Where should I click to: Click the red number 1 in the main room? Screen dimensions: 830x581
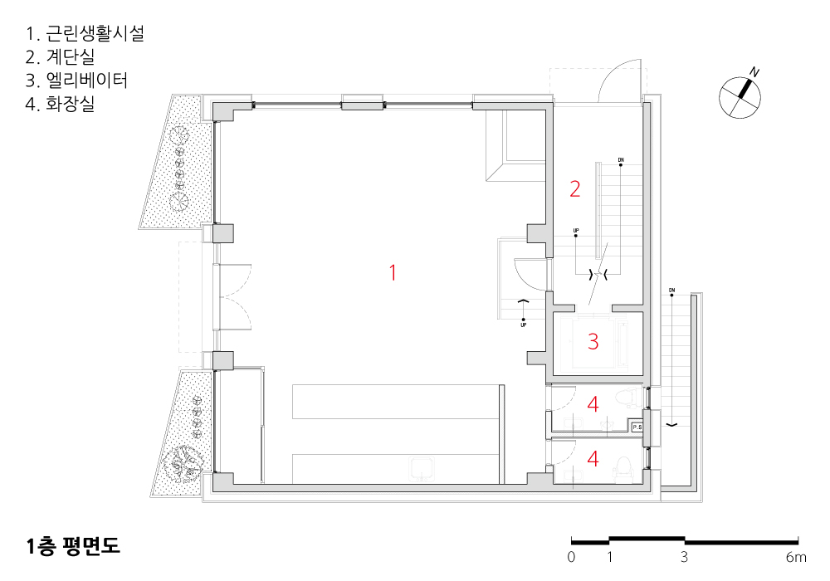click(393, 273)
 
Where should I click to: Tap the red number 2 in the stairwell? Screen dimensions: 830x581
click(575, 189)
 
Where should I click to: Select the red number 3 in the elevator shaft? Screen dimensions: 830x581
click(593, 342)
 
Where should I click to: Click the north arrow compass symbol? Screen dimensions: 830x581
click(740, 96)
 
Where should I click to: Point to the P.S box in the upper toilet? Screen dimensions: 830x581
click(637, 427)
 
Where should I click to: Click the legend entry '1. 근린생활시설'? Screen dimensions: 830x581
click(85, 33)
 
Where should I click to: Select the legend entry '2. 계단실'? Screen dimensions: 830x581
click(60, 56)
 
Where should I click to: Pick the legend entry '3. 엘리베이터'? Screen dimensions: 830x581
click(76, 80)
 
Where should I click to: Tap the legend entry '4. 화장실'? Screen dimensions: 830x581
click(60, 103)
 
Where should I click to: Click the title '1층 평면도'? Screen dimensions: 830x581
click(73, 546)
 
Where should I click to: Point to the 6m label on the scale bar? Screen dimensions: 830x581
click(796, 557)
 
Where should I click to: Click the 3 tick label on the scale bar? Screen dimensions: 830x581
click(684, 557)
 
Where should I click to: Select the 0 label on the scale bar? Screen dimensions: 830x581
click(571, 557)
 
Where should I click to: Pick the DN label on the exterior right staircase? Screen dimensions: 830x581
click(671, 290)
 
